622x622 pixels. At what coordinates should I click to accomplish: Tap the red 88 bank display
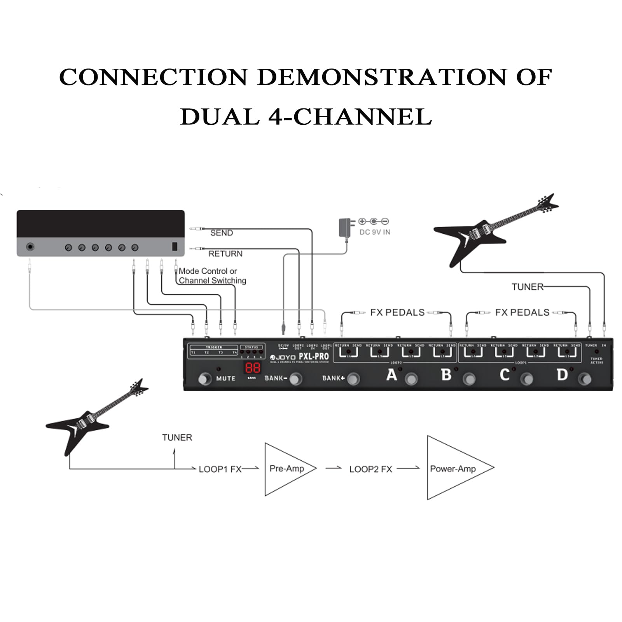click(x=252, y=368)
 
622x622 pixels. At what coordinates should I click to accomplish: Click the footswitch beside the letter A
click(x=411, y=379)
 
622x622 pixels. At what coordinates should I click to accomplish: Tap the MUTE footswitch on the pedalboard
click(x=204, y=379)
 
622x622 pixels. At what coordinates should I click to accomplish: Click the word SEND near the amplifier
click(x=221, y=233)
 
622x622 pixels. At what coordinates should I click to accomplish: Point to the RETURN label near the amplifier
click(x=225, y=254)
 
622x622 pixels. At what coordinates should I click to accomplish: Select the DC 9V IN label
click(x=375, y=232)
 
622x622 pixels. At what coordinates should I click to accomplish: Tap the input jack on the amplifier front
click(x=30, y=247)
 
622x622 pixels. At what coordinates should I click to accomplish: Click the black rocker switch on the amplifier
click(x=175, y=246)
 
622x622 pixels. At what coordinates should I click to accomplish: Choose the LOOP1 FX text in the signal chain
click(x=220, y=469)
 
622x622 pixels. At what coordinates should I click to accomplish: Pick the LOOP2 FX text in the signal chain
click(x=370, y=469)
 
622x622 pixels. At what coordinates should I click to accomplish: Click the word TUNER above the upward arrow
click(x=177, y=438)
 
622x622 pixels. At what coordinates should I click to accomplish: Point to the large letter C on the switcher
click(x=504, y=375)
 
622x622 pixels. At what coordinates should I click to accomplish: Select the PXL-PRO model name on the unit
click(x=314, y=356)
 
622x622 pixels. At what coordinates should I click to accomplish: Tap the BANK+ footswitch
click(x=353, y=379)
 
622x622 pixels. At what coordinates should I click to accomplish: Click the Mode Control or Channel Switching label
click(x=212, y=276)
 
